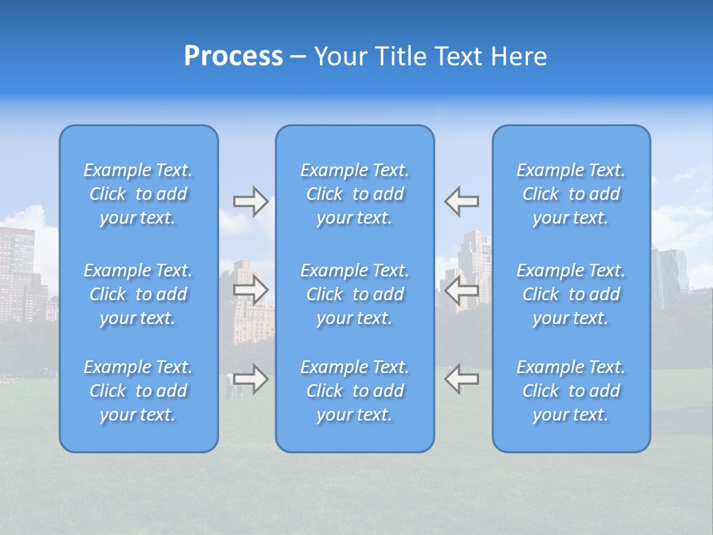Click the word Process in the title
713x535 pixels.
pos(233,56)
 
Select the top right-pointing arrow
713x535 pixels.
pos(250,201)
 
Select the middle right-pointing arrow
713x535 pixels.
pos(250,290)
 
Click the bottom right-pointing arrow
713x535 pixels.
pos(250,379)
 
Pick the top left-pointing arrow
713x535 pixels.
pos(461,201)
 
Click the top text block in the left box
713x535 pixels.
pos(138,194)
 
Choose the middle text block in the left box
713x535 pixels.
pos(138,294)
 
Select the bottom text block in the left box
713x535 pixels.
pos(138,391)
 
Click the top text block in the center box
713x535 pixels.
pos(355,194)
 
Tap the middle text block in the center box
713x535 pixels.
pos(355,294)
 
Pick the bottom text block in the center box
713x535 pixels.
pos(355,391)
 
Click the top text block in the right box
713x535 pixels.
pos(571,194)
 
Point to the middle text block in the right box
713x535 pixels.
pos(571,294)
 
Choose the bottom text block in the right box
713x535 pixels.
pos(571,391)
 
